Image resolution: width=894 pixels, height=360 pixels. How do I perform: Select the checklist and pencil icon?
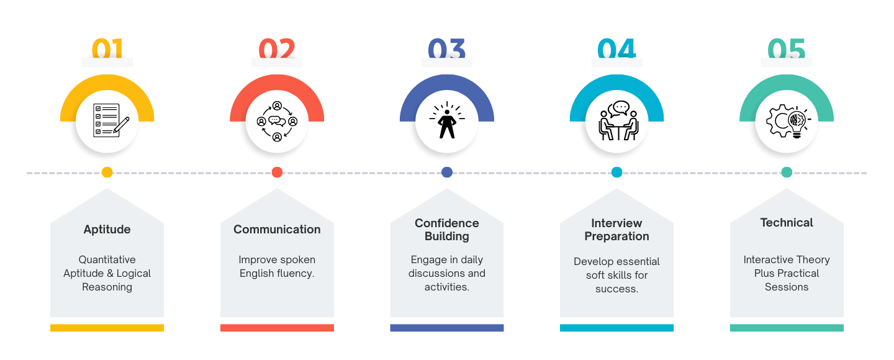click(x=107, y=121)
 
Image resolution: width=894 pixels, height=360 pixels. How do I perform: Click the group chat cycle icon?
click(x=277, y=121)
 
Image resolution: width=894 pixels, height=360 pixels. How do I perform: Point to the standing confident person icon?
click(x=446, y=121)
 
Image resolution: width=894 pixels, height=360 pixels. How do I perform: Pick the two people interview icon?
click(x=616, y=121)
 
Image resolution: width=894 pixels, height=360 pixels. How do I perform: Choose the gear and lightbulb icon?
click(x=786, y=121)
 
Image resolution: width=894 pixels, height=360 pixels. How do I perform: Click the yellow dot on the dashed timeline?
click(x=107, y=173)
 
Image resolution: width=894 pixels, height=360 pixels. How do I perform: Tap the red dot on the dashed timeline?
click(x=277, y=173)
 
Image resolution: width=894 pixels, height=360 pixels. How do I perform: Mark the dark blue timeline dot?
click(x=446, y=173)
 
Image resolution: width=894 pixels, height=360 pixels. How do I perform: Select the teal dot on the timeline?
click(x=787, y=173)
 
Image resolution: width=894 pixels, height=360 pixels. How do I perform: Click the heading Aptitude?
click(x=107, y=230)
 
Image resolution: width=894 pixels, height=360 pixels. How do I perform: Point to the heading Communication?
click(x=277, y=230)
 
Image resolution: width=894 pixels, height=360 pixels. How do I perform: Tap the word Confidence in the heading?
click(x=446, y=223)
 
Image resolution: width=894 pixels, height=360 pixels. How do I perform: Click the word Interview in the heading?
click(x=616, y=223)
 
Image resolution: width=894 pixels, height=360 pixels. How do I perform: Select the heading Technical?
click(x=786, y=223)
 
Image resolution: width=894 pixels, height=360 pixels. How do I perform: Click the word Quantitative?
click(x=107, y=260)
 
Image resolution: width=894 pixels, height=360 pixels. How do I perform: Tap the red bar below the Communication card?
click(x=277, y=328)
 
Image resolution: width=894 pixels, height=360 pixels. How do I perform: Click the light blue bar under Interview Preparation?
click(x=616, y=328)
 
